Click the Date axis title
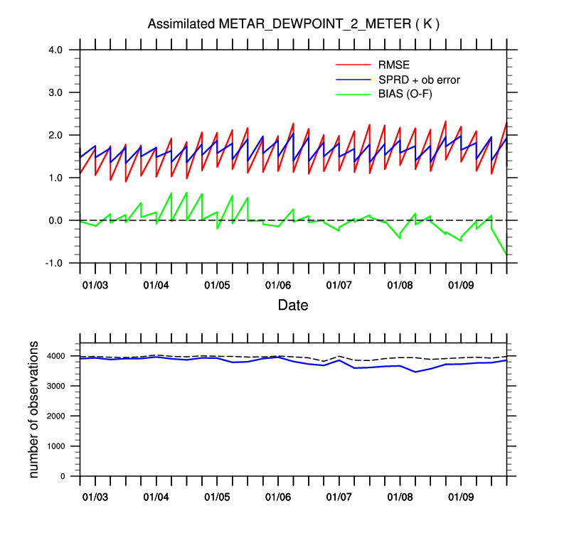(x=293, y=306)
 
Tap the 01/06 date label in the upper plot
(x=278, y=285)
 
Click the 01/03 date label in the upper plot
(x=95, y=285)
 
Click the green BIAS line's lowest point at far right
(x=506, y=254)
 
